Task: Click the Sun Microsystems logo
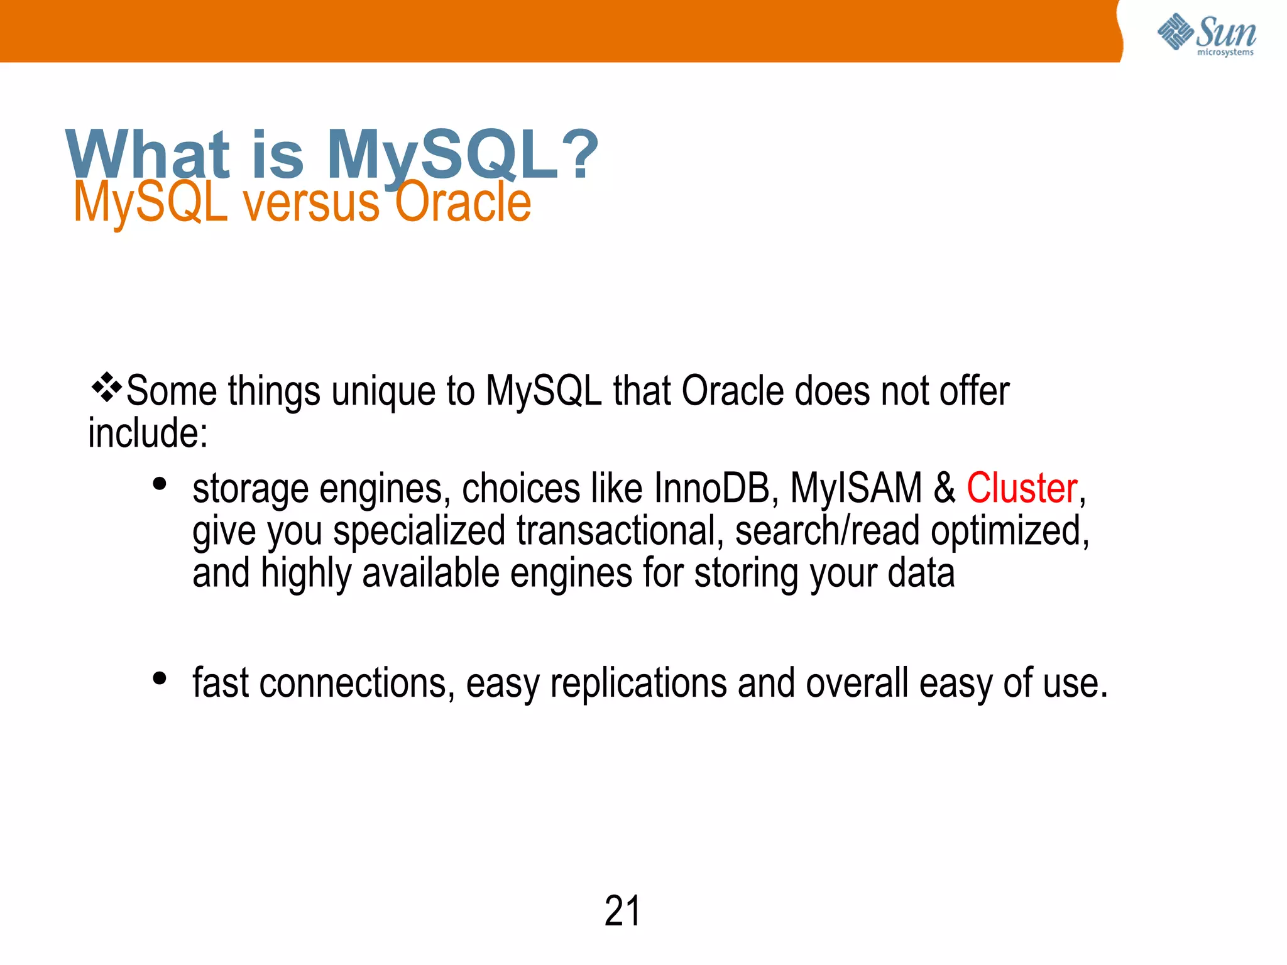pos(1206,34)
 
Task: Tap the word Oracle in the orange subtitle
pos(463,202)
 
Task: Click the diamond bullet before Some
pos(106,388)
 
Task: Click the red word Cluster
pos(1022,488)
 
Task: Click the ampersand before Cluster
pos(944,488)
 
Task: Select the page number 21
pos(622,911)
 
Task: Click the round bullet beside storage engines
pos(160,484)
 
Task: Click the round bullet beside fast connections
pos(160,679)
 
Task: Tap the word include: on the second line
pos(148,433)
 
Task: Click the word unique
pos(383,391)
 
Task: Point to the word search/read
pos(827,531)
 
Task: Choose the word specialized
pos(419,531)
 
